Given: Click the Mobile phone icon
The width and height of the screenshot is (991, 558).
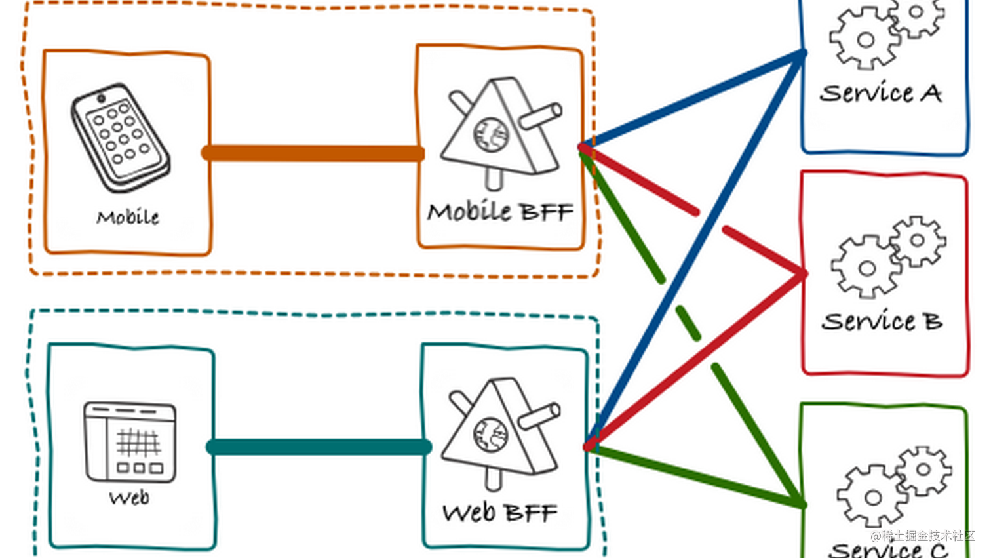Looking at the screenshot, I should pos(120,138).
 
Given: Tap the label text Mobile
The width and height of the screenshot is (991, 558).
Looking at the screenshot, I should pos(128,217).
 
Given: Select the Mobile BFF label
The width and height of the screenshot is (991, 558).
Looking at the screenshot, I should pos(500,212).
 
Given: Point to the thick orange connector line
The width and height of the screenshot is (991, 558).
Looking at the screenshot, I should pos(313,153).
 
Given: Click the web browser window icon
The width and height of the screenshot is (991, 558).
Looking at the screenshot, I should pos(130,441).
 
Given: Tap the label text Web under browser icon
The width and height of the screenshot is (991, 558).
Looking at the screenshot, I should pos(129,498).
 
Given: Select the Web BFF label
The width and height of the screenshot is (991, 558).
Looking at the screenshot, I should pos(500,512).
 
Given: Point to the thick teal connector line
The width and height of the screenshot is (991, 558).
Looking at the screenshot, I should pos(319,447).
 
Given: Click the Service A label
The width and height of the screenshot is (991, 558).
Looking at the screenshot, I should pos(880,94).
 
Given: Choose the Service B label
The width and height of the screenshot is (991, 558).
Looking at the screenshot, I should pos(882,321).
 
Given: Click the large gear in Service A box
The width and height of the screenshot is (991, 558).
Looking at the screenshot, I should pos(865,40).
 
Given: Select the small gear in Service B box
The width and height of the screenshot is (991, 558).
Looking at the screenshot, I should pos(918,241).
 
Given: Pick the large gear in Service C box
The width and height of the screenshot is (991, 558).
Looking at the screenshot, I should pos(872,497).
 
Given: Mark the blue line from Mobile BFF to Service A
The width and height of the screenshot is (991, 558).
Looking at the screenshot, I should pos(695,98).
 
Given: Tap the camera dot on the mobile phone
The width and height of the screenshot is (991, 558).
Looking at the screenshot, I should pos(101,99).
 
